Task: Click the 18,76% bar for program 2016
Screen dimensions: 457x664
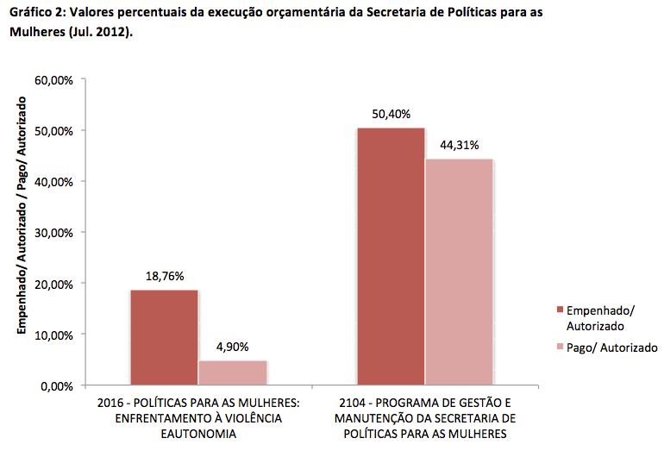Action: [x=164, y=337]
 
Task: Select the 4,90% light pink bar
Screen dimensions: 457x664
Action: [x=232, y=372]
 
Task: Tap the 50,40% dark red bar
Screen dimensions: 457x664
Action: [x=391, y=256]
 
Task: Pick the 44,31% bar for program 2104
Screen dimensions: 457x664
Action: [x=458, y=272]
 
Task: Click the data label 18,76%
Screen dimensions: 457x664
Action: [x=164, y=278]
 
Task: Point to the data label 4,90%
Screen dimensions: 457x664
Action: [x=232, y=347]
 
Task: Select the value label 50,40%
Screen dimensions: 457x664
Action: [x=391, y=115]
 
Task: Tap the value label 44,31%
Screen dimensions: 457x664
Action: [x=459, y=145]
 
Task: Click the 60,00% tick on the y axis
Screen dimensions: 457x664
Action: [x=53, y=80]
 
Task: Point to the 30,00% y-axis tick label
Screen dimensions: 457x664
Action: [x=53, y=233]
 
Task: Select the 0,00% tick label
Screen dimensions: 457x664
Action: [x=56, y=385]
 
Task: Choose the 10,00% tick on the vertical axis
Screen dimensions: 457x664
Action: [x=53, y=335]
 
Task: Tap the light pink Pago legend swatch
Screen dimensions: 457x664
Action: [x=560, y=348]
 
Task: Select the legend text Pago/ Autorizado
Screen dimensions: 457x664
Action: [x=611, y=348]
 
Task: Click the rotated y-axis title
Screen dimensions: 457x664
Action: [x=23, y=215]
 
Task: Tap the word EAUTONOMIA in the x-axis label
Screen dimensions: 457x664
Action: [x=199, y=434]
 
